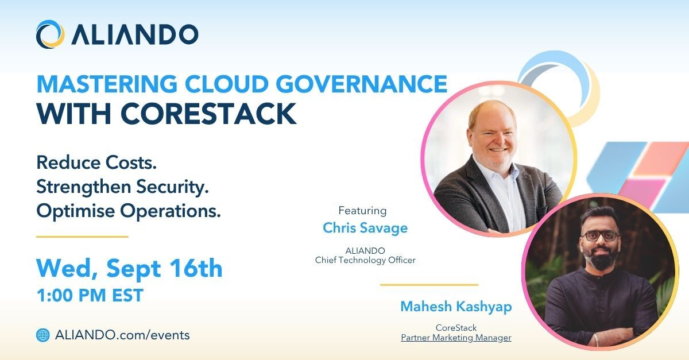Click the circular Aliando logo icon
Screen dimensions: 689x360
[x=50, y=34]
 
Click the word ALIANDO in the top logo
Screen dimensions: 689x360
[x=135, y=34]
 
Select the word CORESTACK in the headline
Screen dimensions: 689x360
[x=208, y=114]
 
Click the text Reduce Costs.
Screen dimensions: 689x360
[x=96, y=162]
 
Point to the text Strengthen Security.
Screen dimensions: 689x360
[x=123, y=187]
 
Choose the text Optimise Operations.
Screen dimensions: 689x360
[x=129, y=211]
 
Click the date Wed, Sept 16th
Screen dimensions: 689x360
[x=129, y=268]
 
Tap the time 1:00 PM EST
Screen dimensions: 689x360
[x=90, y=295]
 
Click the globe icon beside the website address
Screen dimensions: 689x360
[x=42, y=335]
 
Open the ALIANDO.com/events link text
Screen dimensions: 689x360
[x=122, y=335]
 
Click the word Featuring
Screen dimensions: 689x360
[x=362, y=211]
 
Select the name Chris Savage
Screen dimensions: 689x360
[x=365, y=228]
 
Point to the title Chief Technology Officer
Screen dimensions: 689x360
[x=365, y=260]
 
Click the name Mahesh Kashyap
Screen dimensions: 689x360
[x=456, y=307]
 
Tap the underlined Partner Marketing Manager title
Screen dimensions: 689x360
[x=456, y=338]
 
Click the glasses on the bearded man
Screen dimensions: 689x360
[x=600, y=236]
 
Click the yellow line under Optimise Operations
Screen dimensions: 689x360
[x=82, y=237]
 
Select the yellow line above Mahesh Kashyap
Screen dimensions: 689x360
[x=429, y=285]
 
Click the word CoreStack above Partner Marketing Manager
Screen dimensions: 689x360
[x=456, y=328]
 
